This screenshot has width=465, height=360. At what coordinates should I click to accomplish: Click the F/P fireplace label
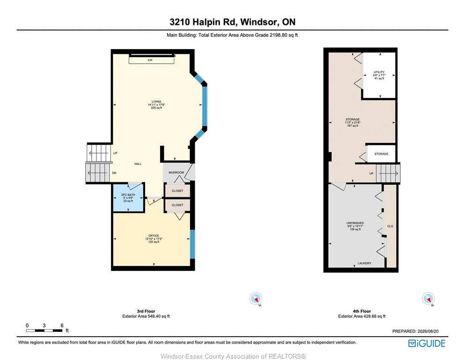(150, 60)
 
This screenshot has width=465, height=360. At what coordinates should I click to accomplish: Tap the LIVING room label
(156, 102)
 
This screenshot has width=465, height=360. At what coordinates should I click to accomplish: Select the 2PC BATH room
(128, 198)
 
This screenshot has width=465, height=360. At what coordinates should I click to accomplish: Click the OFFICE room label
(154, 236)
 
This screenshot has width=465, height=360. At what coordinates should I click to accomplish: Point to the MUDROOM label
(176, 172)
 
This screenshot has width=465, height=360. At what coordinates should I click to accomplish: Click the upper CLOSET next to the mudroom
(177, 191)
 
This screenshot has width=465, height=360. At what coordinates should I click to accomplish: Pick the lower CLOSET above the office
(177, 205)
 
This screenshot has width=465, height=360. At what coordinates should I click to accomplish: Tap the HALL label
(138, 164)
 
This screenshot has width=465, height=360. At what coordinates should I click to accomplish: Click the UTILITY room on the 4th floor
(379, 75)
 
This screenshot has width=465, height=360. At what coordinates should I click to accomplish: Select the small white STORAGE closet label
(381, 154)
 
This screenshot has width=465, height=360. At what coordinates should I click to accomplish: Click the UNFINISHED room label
(355, 223)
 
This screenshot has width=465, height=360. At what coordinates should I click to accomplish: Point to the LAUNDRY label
(364, 263)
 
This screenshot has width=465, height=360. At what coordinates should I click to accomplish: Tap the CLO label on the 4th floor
(390, 226)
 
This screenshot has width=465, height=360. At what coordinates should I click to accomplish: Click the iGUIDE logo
(427, 344)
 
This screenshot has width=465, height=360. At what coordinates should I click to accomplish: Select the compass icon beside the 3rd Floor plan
(256, 299)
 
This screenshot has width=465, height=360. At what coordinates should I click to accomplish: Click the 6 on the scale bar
(62, 325)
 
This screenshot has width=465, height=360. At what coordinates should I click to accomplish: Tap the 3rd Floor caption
(146, 311)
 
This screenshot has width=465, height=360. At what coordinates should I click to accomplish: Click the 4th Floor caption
(362, 311)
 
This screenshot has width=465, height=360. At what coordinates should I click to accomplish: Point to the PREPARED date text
(415, 331)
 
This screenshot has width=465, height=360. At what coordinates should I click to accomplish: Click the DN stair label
(114, 173)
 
